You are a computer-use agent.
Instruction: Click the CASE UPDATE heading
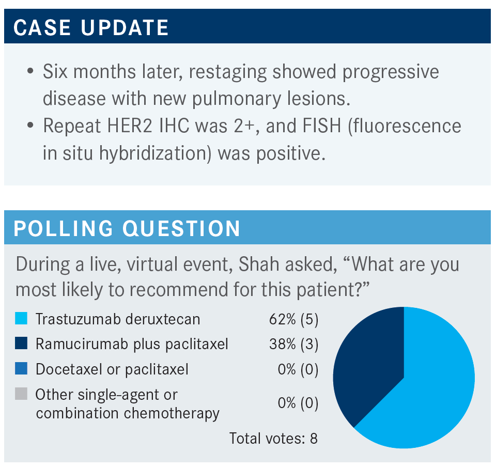pos(91,27)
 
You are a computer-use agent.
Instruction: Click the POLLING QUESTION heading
pos(127,228)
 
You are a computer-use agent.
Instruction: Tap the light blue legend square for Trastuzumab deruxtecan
pos(21,318)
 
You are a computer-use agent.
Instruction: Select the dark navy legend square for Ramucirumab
pos(21,343)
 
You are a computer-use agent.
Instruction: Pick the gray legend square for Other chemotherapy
pos(21,394)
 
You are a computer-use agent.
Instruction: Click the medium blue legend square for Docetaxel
pos(21,368)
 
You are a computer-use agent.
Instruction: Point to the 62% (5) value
pos(293,319)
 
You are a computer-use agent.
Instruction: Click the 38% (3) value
pos(293,344)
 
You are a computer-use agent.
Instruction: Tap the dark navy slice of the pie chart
pos(367,364)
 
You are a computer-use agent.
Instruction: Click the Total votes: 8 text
pos(273,439)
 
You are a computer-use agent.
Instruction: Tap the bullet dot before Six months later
pos(30,71)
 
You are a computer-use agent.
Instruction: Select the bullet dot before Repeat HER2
pos(30,125)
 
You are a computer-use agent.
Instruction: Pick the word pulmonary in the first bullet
pos(237,99)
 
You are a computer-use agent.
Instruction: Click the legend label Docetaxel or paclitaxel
pos(112,369)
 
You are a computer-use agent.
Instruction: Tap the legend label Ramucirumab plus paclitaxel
pos(132,344)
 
